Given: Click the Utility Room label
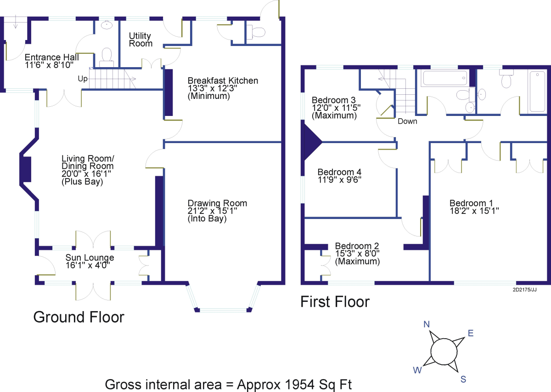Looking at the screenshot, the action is point(141,40).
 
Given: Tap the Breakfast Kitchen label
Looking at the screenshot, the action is point(223,81).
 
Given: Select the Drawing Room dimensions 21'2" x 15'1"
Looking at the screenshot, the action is point(212,211).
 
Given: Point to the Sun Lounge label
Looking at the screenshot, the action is point(90,258).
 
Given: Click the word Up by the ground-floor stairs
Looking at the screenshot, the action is point(83,79).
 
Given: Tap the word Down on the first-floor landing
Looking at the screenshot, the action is point(407,121).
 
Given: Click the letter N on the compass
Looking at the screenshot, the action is point(427,324).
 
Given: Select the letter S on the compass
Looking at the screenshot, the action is point(463,379).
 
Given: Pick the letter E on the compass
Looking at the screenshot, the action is point(471,333).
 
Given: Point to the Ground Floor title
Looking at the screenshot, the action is point(79,317).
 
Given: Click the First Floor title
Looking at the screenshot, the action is point(335,302).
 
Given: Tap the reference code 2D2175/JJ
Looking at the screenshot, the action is point(524,290).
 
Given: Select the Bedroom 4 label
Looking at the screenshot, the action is point(339,172).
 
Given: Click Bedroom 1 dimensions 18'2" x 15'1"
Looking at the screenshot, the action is point(474,211).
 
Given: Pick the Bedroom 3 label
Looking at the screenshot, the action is point(333,100).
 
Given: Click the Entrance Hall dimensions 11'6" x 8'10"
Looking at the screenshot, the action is point(49,65).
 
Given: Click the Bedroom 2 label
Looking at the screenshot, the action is point(357,246).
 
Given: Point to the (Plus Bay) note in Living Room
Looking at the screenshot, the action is point(82,182).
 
